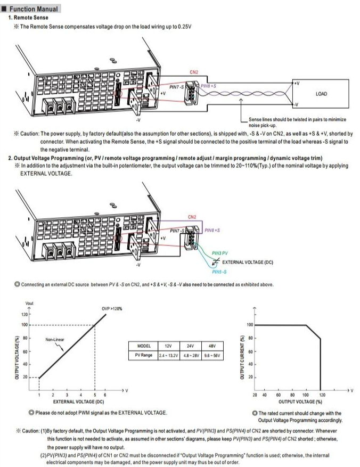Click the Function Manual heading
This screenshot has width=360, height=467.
34,9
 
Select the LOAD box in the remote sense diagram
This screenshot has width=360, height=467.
321,94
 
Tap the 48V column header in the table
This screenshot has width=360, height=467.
211,346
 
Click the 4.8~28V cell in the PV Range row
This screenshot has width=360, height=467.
191,355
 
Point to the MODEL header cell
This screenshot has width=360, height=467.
144,346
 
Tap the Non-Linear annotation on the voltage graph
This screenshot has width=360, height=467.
55,339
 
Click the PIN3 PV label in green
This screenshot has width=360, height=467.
220,253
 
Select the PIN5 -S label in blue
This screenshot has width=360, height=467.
219,272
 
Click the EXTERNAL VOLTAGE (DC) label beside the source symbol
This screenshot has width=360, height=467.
248,263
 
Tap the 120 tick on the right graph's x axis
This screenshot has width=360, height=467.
321,395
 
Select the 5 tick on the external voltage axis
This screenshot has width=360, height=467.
95,395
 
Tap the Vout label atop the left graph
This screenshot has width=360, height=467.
29,304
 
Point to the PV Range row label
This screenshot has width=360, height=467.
144,355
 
